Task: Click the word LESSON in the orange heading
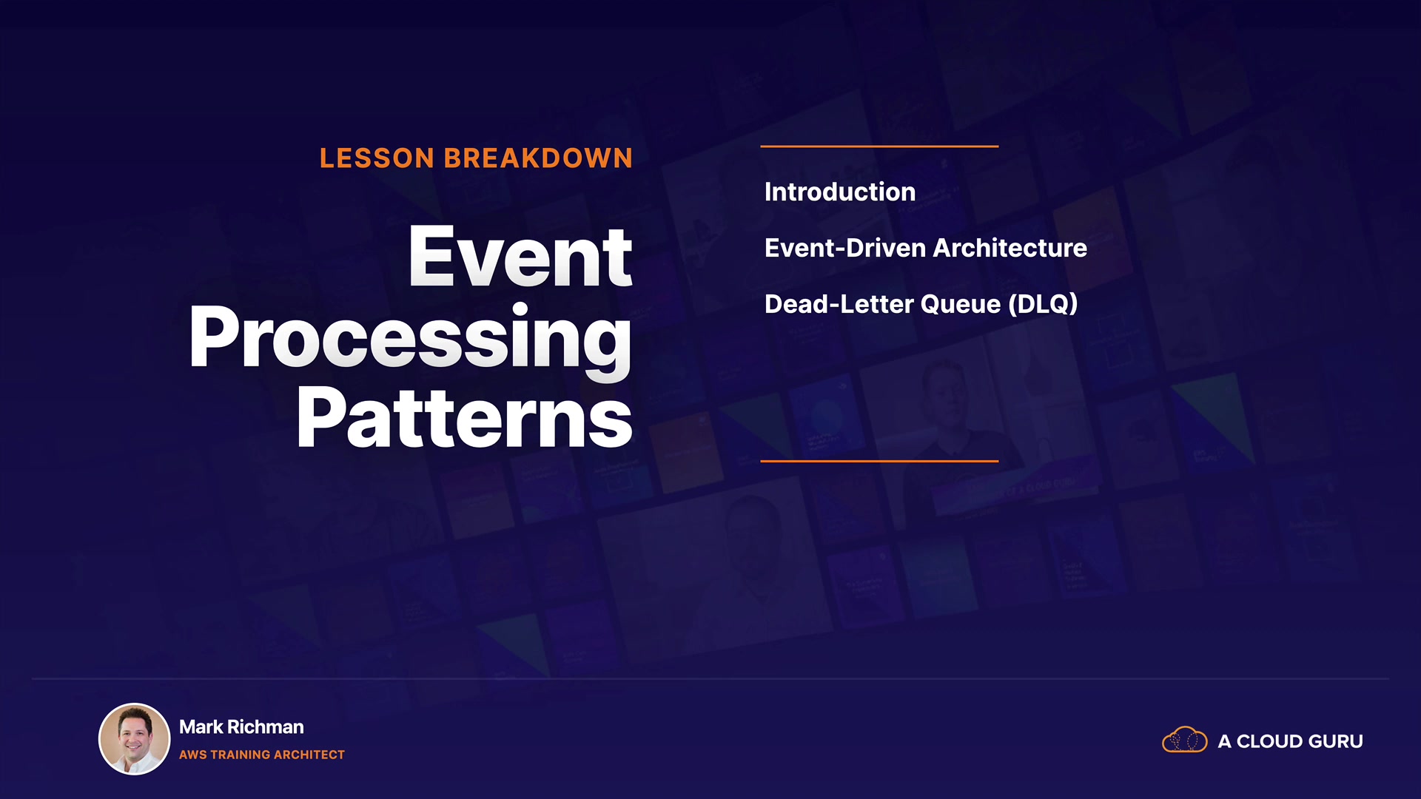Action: (377, 158)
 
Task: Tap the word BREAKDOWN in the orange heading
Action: (538, 158)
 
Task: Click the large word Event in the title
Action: (520, 257)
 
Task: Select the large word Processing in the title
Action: (411, 340)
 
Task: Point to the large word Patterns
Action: (464, 418)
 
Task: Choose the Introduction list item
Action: (840, 192)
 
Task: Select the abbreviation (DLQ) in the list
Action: (1044, 304)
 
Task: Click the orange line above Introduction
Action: (879, 146)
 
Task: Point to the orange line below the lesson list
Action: (879, 461)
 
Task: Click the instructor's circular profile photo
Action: (135, 739)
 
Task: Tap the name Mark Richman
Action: (241, 727)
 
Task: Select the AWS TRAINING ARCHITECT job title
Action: (262, 755)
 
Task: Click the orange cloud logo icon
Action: (1184, 740)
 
